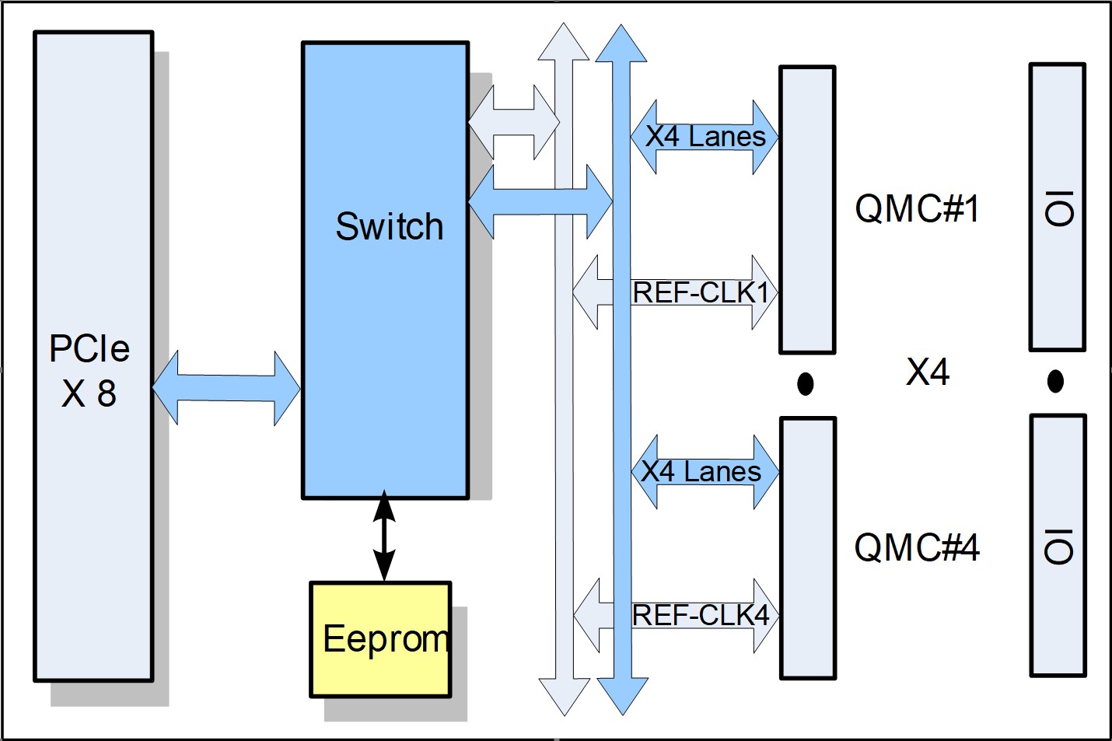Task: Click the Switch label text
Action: (389, 227)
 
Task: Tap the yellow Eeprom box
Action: (380, 639)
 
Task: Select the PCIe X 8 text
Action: (89, 371)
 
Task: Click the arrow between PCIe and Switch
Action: (226, 387)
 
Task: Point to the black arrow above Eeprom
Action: (384, 537)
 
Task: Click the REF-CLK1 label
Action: (701, 293)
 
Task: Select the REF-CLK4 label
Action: (701, 615)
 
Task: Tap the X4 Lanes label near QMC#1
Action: (705, 137)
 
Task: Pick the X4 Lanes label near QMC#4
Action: (701, 471)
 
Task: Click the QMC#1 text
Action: (917, 208)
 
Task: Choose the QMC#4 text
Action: (917, 547)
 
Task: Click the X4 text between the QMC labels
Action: (928, 372)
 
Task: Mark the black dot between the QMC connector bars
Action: (806, 383)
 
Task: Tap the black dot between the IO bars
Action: (1055, 381)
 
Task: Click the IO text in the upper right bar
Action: (1059, 208)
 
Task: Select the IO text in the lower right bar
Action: (1059, 546)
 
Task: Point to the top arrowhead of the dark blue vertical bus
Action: (621, 43)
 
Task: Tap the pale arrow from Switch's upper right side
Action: (513, 122)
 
